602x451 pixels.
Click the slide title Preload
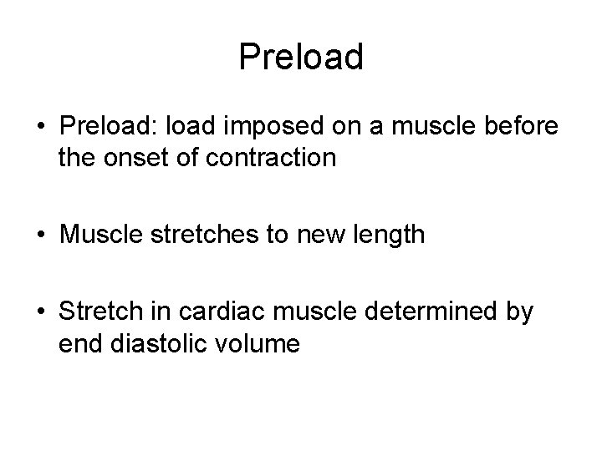301,57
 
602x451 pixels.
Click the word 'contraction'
270,158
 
